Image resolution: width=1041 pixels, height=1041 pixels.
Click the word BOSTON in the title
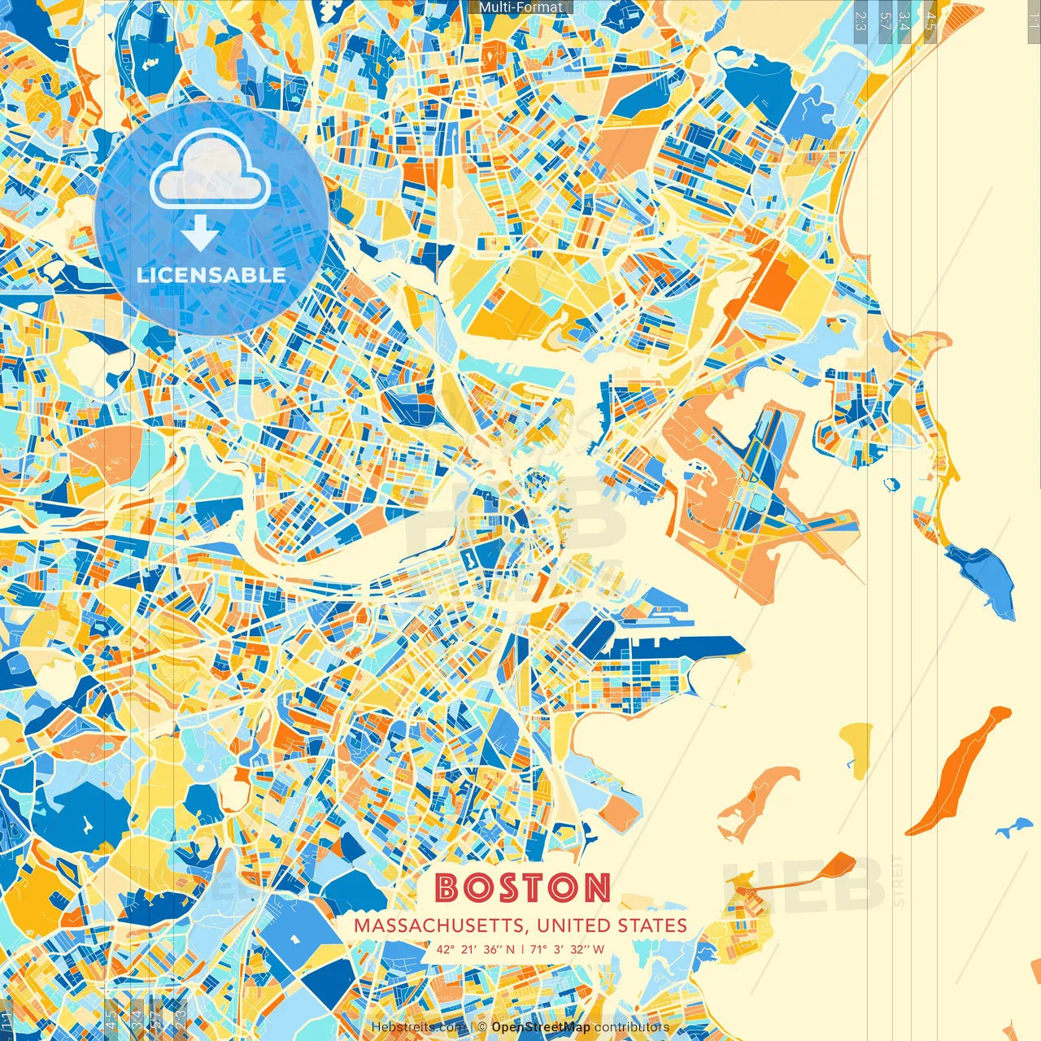click(522, 887)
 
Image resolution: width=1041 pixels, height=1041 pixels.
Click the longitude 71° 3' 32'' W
click(568, 949)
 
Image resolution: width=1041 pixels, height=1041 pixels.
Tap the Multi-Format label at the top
click(520, 7)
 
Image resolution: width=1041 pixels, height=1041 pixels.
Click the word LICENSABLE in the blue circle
click(211, 275)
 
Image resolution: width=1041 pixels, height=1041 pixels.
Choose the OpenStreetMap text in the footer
click(541, 1027)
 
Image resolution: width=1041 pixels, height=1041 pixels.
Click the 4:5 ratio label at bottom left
click(111, 1017)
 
